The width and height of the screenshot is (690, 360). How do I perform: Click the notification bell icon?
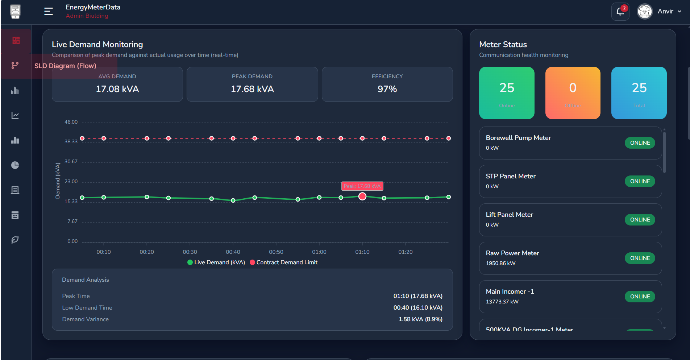point(620,12)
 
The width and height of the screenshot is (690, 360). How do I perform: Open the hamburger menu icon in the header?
point(49,11)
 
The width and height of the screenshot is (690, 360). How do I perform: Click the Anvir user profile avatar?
point(644,12)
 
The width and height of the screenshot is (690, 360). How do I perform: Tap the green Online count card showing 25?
point(507,93)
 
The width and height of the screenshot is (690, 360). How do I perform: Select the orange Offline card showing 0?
point(573,93)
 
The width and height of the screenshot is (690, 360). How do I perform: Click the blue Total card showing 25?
point(639,93)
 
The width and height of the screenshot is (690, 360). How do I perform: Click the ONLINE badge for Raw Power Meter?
point(640,258)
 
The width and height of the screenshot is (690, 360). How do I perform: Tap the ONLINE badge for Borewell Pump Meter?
point(640,143)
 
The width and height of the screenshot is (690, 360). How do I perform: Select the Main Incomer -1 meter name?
point(510,291)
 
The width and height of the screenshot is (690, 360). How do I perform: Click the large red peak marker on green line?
point(362,196)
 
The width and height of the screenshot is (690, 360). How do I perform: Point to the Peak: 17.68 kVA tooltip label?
point(362,186)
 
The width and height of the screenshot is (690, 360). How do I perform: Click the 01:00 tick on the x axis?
point(319,252)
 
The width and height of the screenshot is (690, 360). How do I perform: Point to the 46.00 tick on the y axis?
point(71,122)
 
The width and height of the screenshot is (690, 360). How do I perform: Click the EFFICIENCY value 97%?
point(387,89)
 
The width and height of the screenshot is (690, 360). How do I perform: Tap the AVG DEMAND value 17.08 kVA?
point(117,89)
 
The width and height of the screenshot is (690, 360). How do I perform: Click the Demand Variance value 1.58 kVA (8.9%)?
point(420,319)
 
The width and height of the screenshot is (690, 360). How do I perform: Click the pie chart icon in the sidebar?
point(15,165)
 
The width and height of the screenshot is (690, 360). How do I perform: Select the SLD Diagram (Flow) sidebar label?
point(65,66)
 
